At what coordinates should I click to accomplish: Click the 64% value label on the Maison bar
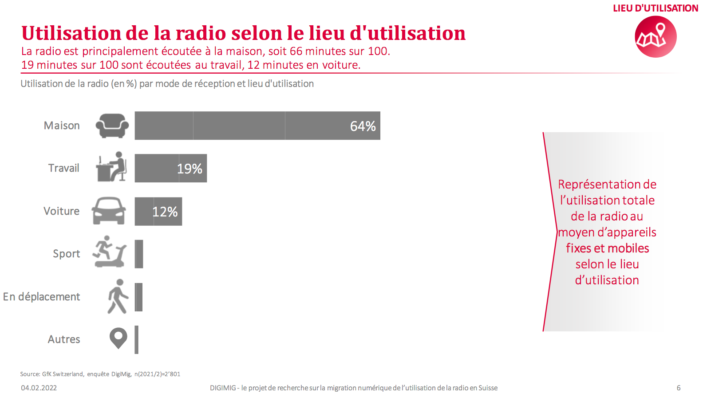[x=363, y=126]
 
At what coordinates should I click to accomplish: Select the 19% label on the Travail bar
[x=190, y=169]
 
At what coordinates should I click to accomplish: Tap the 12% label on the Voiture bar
[x=165, y=212]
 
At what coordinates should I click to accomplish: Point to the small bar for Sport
[x=139, y=254]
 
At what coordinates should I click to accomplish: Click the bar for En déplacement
[x=138, y=297]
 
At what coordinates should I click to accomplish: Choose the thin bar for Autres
[x=137, y=340]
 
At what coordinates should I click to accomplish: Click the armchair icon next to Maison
[x=112, y=126]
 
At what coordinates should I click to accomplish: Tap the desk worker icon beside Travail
[x=111, y=167]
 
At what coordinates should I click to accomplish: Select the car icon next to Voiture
[x=109, y=211]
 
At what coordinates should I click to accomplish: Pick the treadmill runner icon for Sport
[x=109, y=252]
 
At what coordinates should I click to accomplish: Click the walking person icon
[x=118, y=296]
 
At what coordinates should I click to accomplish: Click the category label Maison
[x=62, y=126]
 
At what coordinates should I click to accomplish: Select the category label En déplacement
[x=42, y=297]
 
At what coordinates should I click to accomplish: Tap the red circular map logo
[x=656, y=37]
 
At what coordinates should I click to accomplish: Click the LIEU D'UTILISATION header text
[x=655, y=8]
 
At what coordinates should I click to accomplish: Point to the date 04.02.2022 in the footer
[x=39, y=388]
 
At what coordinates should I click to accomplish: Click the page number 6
[x=678, y=388]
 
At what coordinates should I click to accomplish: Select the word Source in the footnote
[x=30, y=374]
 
